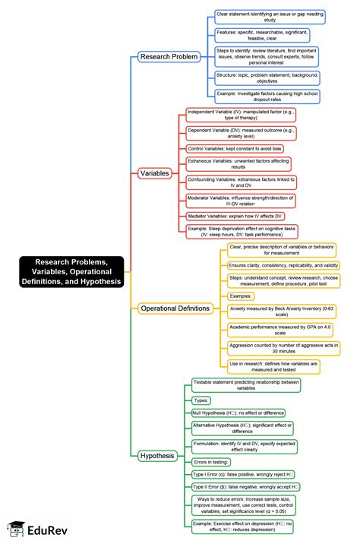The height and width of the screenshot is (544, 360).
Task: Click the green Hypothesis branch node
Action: tap(158, 457)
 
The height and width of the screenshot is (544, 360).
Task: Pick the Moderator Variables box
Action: tap(241, 201)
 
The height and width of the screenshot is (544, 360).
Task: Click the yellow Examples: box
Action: tap(242, 296)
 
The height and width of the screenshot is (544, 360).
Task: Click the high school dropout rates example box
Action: tap(267, 97)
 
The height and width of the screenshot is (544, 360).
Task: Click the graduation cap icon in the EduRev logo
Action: tap(16, 528)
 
